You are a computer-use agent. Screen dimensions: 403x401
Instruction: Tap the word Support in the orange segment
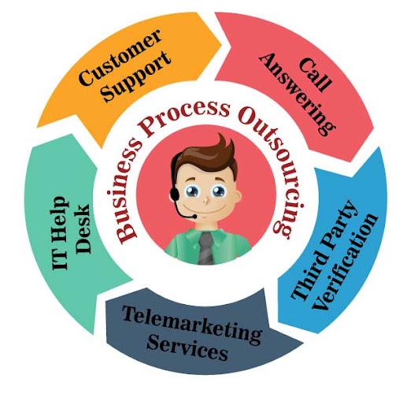[x=136, y=76]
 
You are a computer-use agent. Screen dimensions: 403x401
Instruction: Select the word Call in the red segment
[x=315, y=75]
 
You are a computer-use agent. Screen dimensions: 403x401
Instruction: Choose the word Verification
[x=346, y=262]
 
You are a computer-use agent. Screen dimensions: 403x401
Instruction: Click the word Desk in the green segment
[x=83, y=228]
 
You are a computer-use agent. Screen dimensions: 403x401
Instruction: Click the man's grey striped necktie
[x=205, y=247]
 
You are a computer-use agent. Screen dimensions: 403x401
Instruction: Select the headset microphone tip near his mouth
[x=194, y=217]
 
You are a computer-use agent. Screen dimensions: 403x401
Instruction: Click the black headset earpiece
[x=175, y=194]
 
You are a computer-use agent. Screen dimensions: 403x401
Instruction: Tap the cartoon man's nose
[x=206, y=201]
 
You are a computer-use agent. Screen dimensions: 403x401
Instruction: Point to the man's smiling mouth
[x=204, y=211]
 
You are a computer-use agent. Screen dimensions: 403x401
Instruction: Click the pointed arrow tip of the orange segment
[x=221, y=45]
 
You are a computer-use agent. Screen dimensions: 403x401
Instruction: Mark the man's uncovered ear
[x=238, y=195]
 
